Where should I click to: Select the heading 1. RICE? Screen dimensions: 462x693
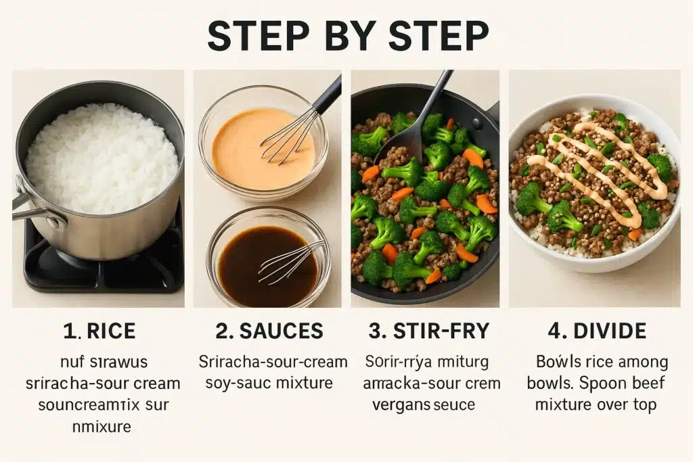tap(99, 331)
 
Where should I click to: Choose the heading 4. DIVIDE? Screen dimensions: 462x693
tap(596, 331)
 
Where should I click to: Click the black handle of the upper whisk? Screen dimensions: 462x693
tap(328, 95)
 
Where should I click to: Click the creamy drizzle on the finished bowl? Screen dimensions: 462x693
tap(596, 169)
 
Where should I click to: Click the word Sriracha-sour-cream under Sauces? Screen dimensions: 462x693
tap(273, 362)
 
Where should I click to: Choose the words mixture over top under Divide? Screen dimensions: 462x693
tap(596, 405)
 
